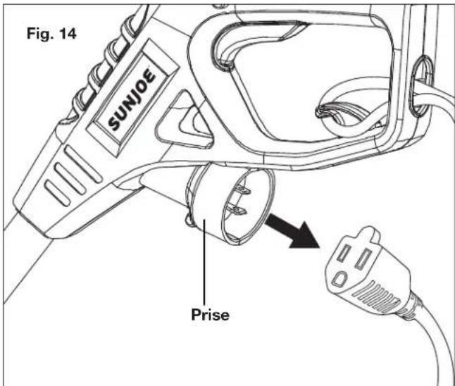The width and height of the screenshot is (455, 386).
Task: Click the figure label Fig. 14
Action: [x=51, y=33]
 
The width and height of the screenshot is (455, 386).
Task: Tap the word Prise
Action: [x=210, y=315]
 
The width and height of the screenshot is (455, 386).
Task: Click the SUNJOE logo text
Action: [x=132, y=99]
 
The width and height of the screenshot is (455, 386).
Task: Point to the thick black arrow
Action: [x=292, y=231]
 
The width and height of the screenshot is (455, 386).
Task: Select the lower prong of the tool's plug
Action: [x=237, y=209]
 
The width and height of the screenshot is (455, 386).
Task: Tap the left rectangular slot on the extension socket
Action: [x=344, y=252]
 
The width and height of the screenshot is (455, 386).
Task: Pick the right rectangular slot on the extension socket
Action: [x=364, y=258]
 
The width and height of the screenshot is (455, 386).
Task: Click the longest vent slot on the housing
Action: [x=82, y=164]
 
